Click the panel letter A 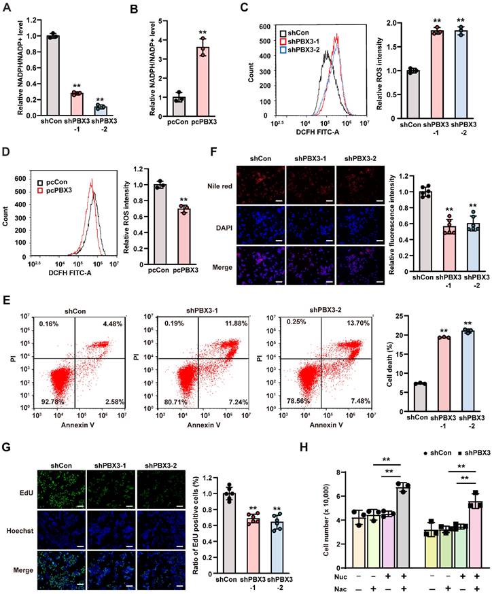tap(6, 9)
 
